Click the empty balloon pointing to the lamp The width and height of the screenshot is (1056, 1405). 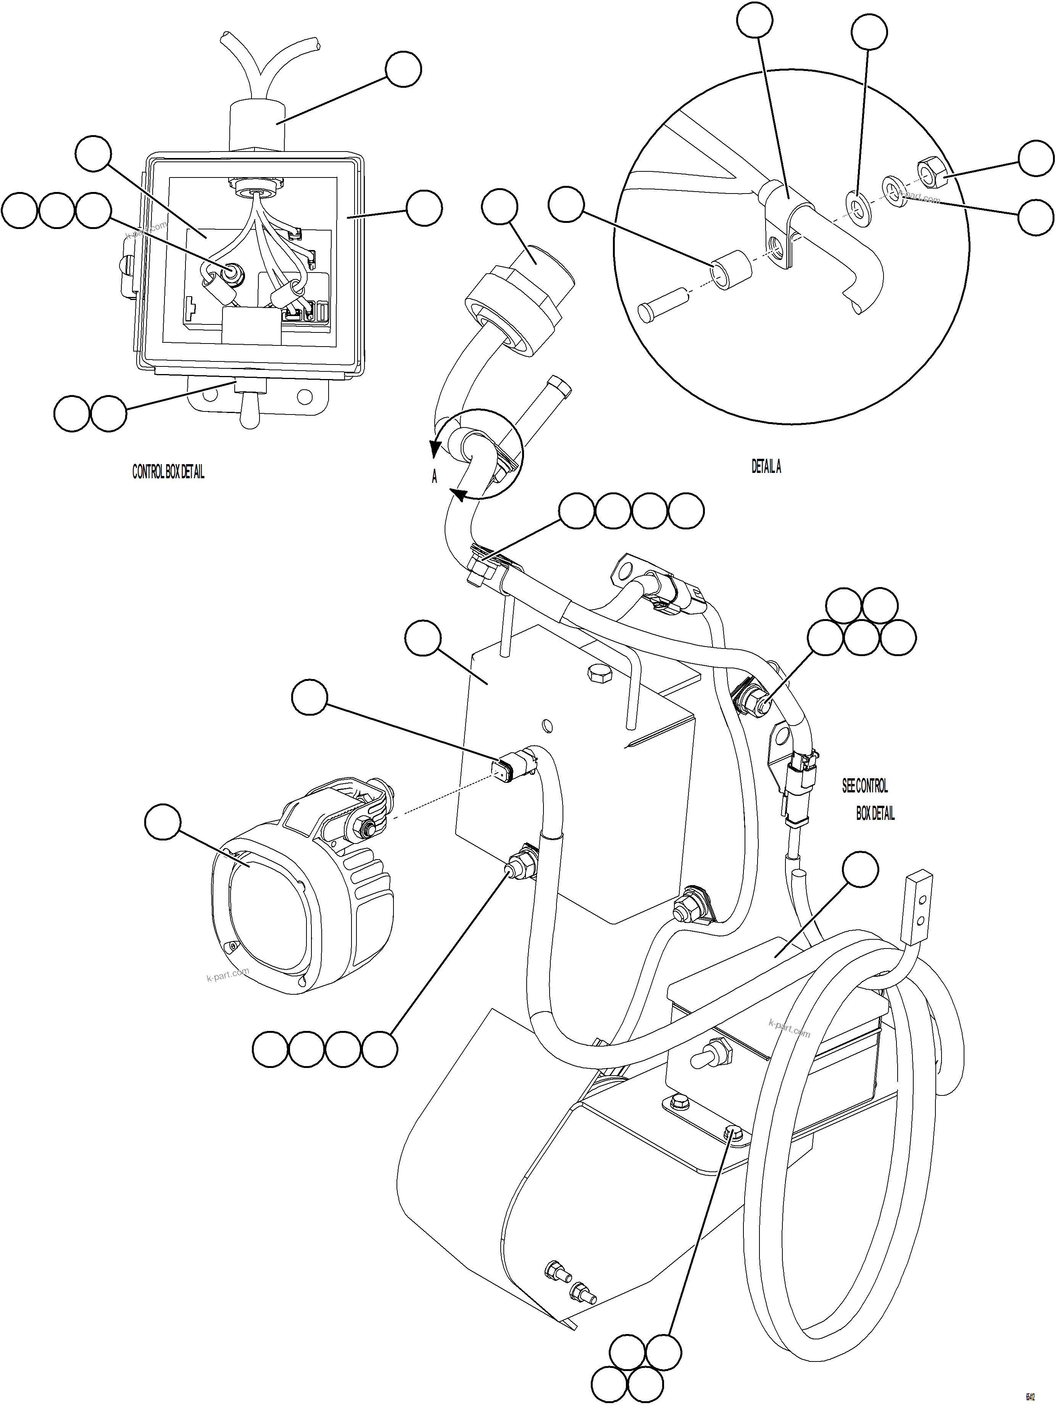(163, 821)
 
